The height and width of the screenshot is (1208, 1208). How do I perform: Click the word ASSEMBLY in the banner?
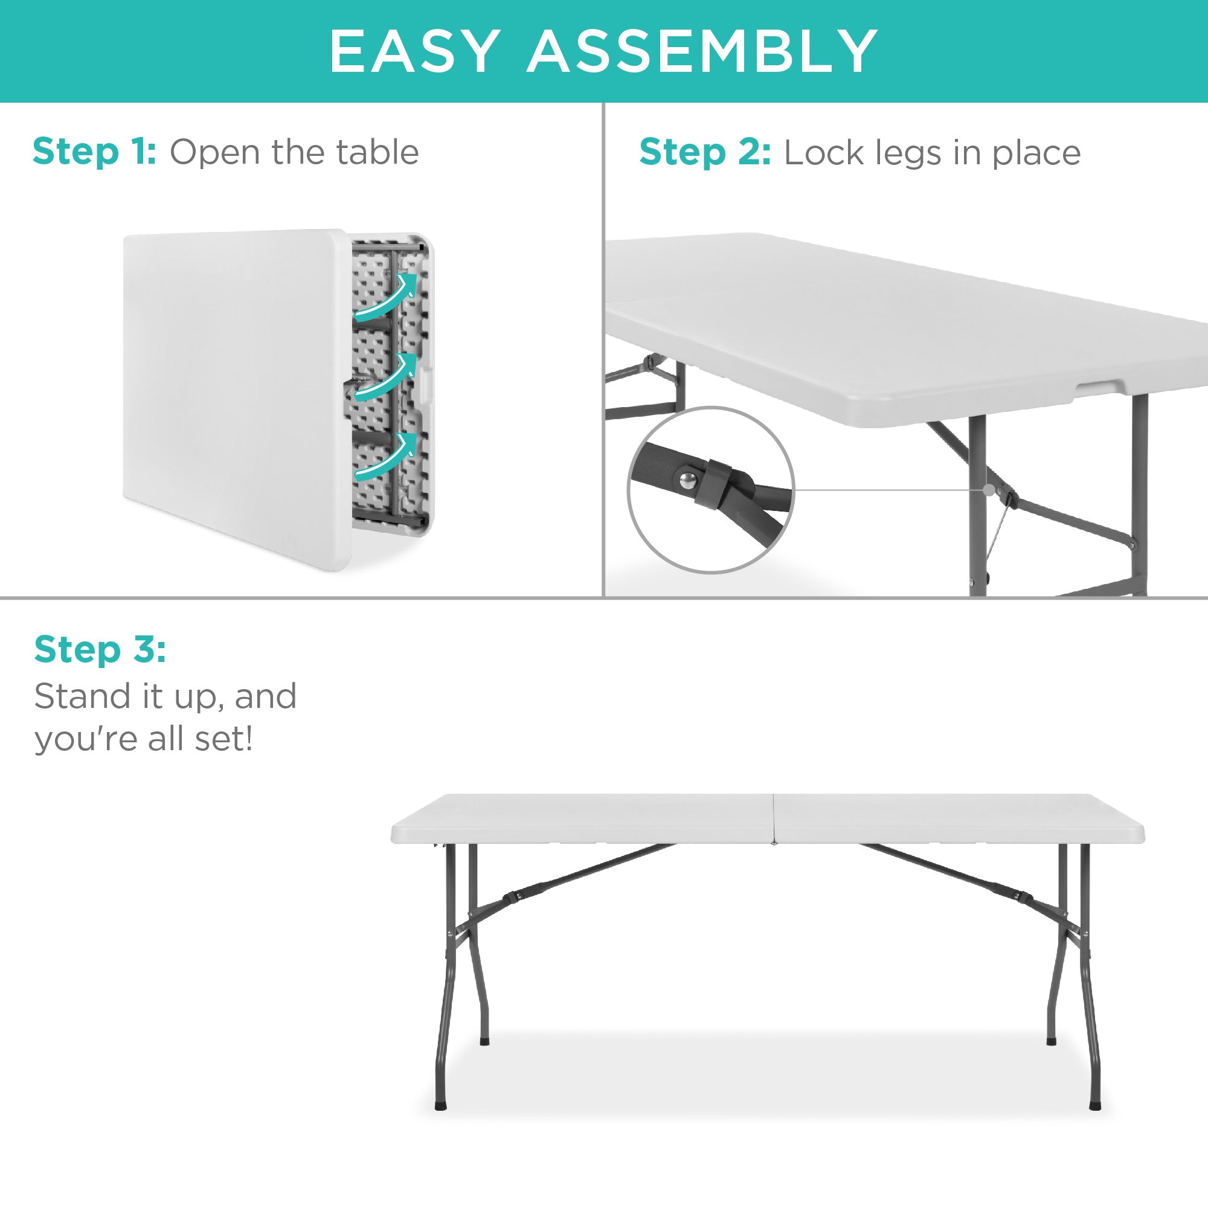[703, 51]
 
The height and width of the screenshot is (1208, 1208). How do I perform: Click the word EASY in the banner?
[415, 51]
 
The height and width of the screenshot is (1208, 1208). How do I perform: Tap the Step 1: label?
[94, 152]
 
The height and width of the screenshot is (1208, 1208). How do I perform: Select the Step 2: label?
[705, 153]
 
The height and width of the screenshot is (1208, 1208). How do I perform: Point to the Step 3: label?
[100, 649]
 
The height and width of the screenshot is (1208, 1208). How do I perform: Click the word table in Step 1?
[377, 152]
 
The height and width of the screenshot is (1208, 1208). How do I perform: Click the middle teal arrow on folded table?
[386, 377]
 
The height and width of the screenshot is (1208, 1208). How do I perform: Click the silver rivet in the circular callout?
[688, 480]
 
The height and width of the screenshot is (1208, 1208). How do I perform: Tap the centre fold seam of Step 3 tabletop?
[774, 818]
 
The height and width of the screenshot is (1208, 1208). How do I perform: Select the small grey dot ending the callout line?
[989, 490]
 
